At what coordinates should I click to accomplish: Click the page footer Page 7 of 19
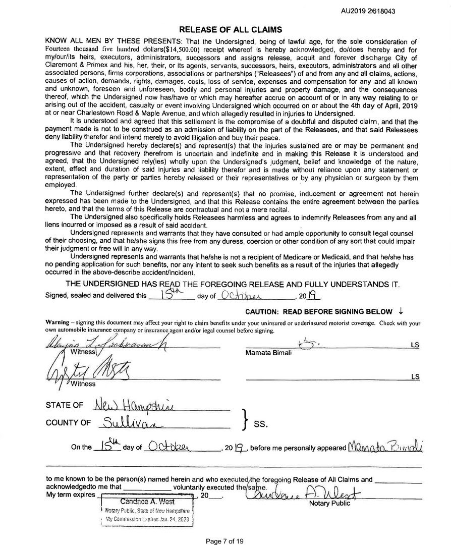(225, 541)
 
